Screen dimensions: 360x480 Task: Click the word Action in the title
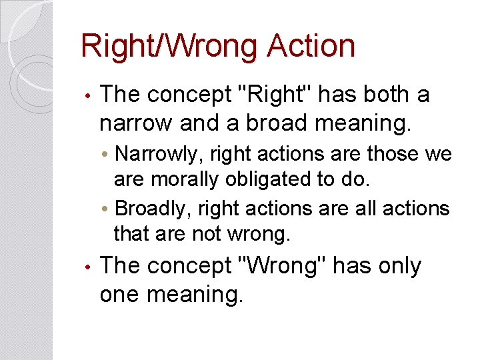pyautogui.click(x=311, y=47)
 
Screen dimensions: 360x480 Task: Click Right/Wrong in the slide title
pyautogui.click(x=170, y=47)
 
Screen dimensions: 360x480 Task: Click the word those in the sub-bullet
pyautogui.click(x=402, y=155)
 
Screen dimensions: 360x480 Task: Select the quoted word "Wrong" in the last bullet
pyautogui.click(x=282, y=266)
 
